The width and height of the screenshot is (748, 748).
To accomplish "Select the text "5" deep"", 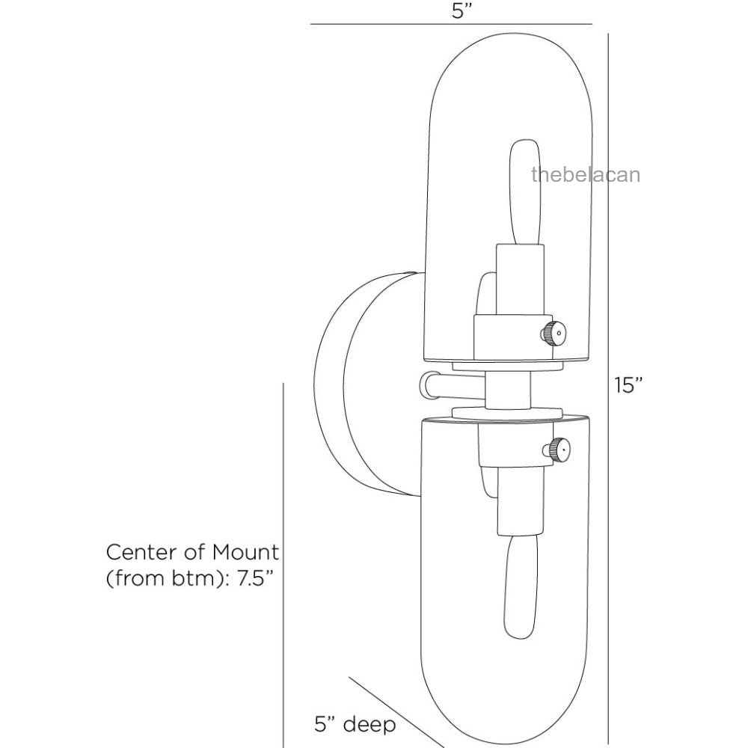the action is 355,723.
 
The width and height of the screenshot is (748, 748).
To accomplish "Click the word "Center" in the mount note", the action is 142,552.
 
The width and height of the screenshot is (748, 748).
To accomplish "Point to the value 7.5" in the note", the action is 256,578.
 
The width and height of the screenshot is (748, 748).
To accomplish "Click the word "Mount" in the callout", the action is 245,552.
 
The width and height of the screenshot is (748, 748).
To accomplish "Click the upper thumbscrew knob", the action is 553,333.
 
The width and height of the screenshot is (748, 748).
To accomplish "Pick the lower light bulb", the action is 521,587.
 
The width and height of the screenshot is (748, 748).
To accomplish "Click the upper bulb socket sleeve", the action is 520,280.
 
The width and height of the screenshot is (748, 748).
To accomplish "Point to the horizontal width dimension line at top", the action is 451,24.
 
